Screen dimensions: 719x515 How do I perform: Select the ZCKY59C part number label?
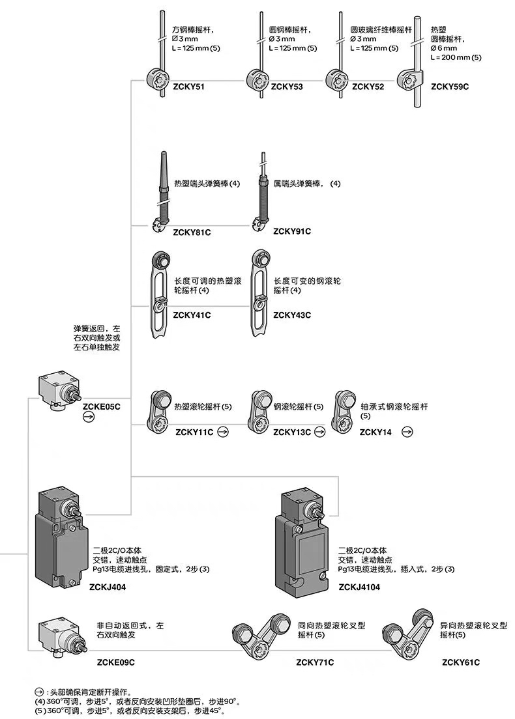(450, 86)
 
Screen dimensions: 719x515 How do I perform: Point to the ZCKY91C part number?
(292, 231)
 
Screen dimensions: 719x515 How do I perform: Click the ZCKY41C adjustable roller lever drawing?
(158, 294)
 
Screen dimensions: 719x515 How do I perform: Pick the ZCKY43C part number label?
(292, 315)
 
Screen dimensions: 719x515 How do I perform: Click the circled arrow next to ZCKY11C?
(223, 431)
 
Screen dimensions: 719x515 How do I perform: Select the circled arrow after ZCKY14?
(407, 431)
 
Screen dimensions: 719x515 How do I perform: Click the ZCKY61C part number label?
(460, 662)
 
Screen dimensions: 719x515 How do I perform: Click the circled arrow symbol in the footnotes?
(39, 692)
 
